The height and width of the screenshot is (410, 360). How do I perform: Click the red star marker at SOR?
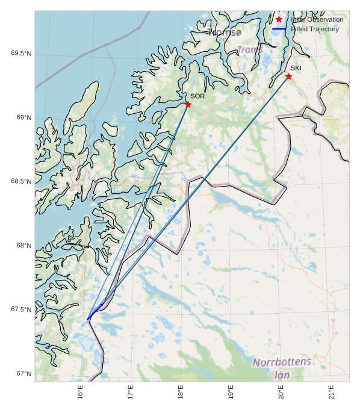click(x=188, y=104)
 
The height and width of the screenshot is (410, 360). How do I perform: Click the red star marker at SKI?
click(x=288, y=76)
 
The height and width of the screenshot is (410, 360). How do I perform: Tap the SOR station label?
click(x=197, y=96)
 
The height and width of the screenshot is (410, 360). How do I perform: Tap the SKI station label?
click(x=296, y=68)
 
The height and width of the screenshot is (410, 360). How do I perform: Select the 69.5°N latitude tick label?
click(x=21, y=54)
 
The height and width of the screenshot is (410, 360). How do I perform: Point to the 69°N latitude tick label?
click(x=23, y=117)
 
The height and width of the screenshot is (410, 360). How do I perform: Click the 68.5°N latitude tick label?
click(x=21, y=181)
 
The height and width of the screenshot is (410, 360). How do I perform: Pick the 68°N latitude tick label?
click(x=23, y=246)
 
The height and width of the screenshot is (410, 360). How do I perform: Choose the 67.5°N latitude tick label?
click(x=21, y=309)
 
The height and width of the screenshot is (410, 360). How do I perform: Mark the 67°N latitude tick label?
click(x=23, y=374)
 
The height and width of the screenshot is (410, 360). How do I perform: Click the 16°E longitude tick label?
click(x=80, y=392)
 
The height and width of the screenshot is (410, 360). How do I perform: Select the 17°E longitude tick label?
click(x=131, y=392)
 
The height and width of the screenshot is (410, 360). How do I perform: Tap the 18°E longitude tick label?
click(x=181, y=392)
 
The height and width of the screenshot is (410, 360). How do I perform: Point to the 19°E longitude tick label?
click(x=231, y=392)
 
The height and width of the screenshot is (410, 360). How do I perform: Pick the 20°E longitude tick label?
click(x=281, y=392)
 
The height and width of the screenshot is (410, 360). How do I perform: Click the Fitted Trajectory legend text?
click(x=314, y=29)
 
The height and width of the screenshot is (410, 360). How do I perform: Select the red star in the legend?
click(x=279, y=19)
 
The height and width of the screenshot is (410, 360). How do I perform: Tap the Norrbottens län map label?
click(x=282, y=368)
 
